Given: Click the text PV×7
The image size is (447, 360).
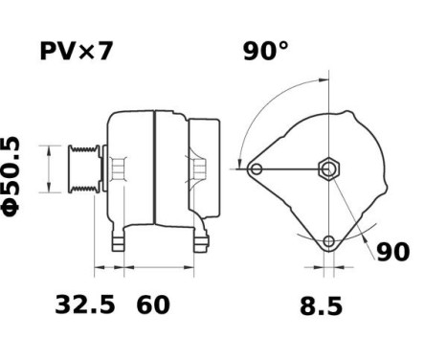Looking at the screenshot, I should (x=76, y=51).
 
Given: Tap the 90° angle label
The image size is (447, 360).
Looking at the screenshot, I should (x=264, y=51).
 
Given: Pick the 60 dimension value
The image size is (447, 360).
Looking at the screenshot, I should (x=153, y=305).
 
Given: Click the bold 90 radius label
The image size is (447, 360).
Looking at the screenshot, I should (x=391, y=252).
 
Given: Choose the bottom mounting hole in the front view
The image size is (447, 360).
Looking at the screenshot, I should (x=329, y=240).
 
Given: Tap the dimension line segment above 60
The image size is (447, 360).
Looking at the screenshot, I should (x=158, y=263).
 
